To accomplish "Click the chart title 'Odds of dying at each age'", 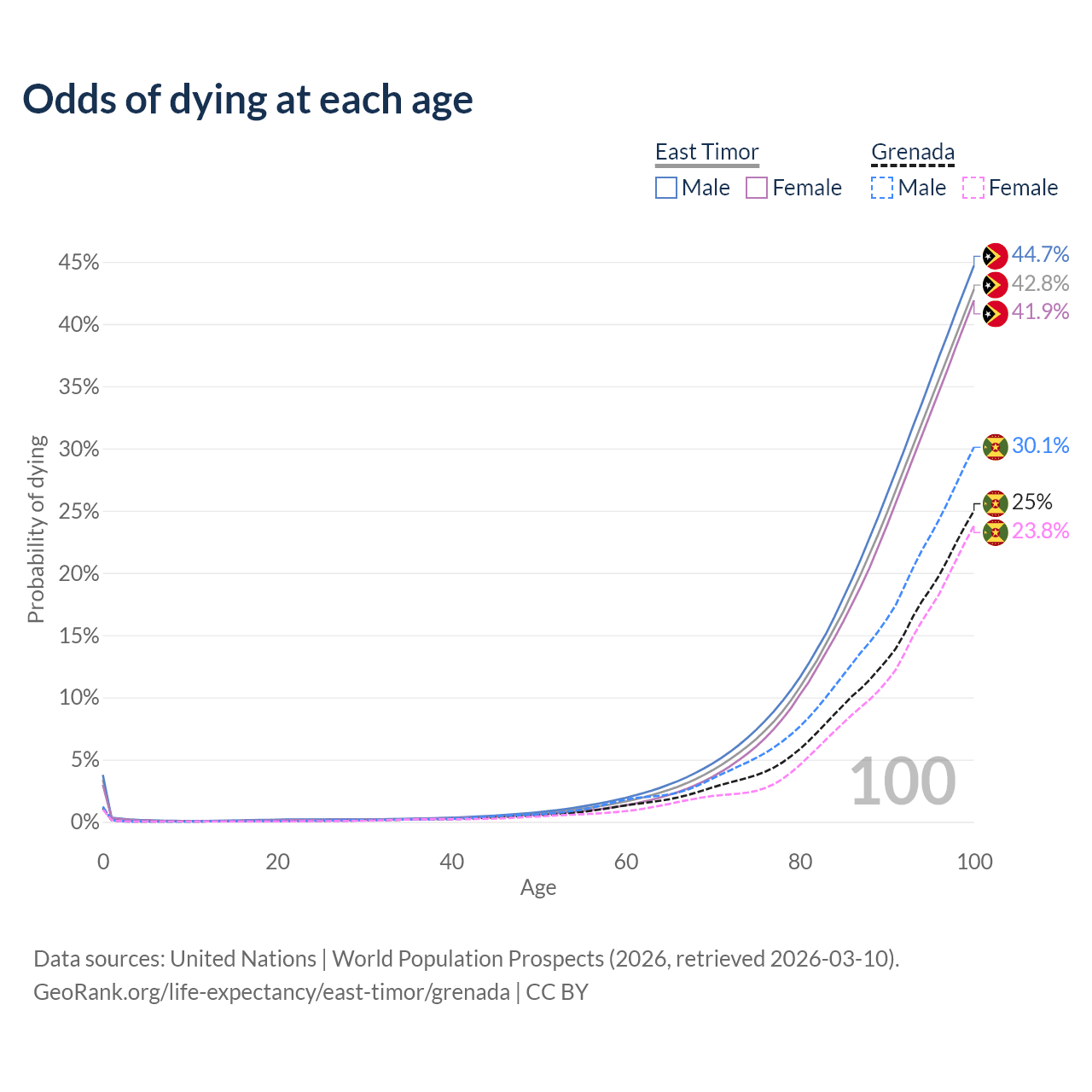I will tap(247, 100).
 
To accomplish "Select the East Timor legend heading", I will tap(706, 152).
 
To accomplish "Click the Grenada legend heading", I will tap(912, 152).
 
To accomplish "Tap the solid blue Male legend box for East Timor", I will tap(666, 188).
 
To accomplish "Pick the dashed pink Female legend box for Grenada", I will tap(973, 188).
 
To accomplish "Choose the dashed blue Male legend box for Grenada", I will tap(882, 188).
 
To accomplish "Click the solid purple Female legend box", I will tap(757, 188).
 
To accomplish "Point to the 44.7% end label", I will tap(1040, 254).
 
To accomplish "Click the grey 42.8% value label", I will tap(1040, 283).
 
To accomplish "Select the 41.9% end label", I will tap(1040, 312).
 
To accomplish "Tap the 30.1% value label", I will tap(1040, 445).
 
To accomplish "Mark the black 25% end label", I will tap(1031, 502).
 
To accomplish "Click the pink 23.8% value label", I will tap(1040, 531).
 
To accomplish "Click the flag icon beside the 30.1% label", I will tap(995, 447).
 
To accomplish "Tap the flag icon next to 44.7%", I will tap(995, 256).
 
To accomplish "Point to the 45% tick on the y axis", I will tap(78, 263).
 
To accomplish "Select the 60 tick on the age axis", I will tap(626, 862).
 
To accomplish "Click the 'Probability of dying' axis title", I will tap(36, 529).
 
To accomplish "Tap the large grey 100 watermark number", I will tap(903, 781).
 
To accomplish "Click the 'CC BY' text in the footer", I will tap(557, 992).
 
